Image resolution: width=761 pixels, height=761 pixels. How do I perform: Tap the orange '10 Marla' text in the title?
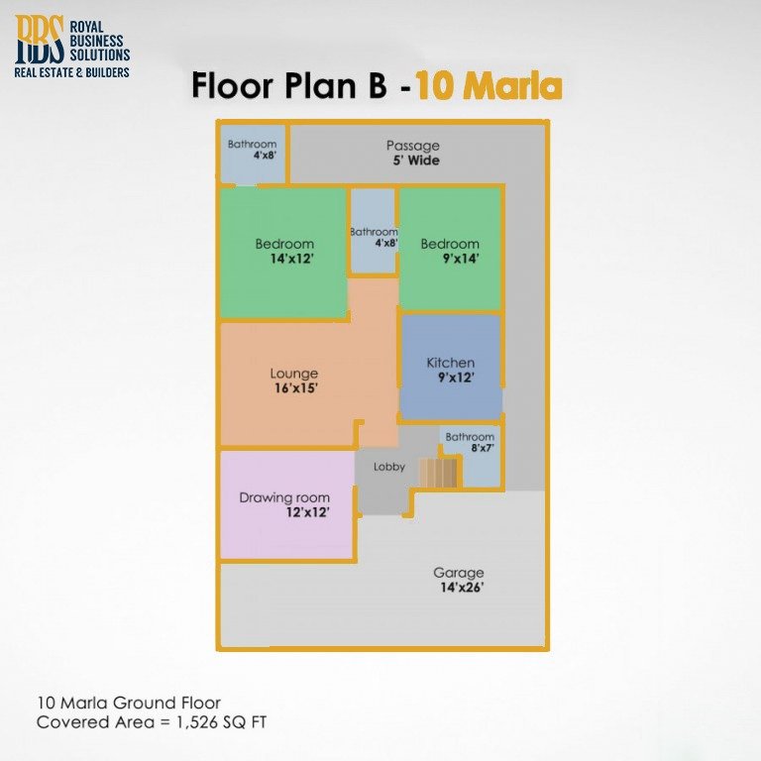[x=489, y=86]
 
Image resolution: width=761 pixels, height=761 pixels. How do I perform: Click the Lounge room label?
[x=294, y=374]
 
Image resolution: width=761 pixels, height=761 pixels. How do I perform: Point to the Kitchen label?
[x=450, y=363]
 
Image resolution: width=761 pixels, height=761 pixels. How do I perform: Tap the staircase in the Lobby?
[x=439, y=472]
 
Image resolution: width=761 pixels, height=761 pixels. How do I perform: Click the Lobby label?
[x=388, y=467]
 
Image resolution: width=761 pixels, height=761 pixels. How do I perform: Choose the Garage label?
[x=458, y=573]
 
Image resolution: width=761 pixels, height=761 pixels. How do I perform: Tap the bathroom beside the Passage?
[x=252, y=151]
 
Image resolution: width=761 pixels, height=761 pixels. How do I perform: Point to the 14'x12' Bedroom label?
[x=284, y=251]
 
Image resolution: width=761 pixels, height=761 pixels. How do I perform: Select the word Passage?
[x=413, y=146]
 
